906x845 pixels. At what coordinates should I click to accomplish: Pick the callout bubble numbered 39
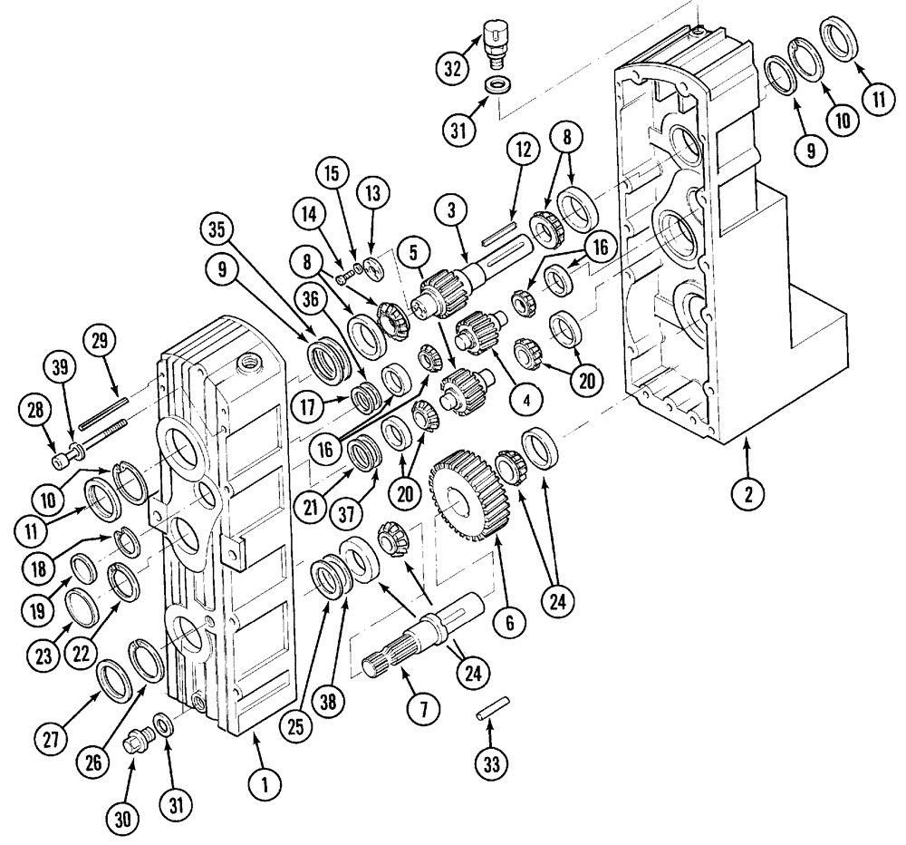pos(59,369)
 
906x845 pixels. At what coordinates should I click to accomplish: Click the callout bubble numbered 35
pos(216,229)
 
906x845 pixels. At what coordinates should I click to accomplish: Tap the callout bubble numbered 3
pos(450,209)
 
